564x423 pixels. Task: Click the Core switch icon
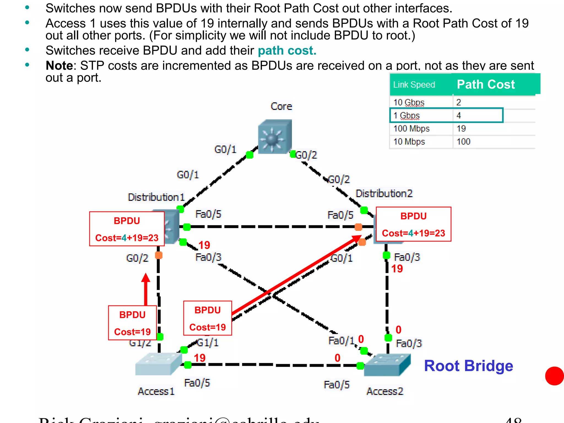point(275,136)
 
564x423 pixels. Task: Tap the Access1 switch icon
point(158,364)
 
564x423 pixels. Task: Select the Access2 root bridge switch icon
point(387,365)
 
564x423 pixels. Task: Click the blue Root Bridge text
point(468,366)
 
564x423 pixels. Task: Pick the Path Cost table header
point(486,84)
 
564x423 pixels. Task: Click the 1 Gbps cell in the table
point(406,115)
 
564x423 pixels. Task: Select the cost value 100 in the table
point(463,142)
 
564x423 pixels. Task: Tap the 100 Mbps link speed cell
point(411,129)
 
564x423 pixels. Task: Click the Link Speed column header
point(414,85)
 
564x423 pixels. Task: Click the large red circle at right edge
point(555,376)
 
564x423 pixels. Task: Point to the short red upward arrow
point(146,289)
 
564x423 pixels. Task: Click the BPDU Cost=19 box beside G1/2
point(132,323)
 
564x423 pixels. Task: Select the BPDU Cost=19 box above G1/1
point(208,318)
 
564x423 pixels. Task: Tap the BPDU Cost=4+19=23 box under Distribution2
point(413,224)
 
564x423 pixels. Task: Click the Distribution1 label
point(156,197)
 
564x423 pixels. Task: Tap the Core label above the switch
point(281,106)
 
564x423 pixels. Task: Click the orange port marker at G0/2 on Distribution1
point(159,255)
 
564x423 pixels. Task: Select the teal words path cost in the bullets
point(287,51)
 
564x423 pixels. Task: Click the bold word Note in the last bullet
point(59,66)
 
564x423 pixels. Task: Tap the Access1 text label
point(156,391)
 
